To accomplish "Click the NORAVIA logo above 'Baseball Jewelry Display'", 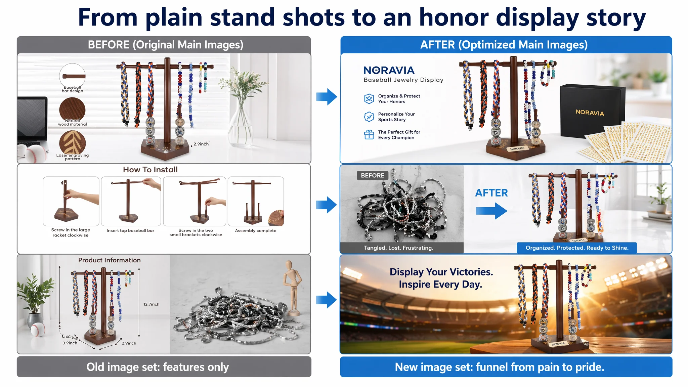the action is pyautogui.click(x=389, y=70).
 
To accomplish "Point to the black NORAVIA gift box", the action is pyautogui.click(x=592, y=111).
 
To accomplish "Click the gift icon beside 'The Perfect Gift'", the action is pyautogui.click(x=369, y=135).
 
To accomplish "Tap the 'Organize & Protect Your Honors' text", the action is pyautogui.click(x=399, y=99).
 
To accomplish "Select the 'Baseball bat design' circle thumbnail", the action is pyautogui.click(x=72, y=76).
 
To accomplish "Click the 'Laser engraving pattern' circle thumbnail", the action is pyautogui.click(x=72, y=143).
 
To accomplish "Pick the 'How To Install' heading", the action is pyautogui.click(x=150, y=170).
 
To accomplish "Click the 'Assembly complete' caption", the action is pyautogui.click(x=256, y=230).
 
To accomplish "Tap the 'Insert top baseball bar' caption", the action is pyautogui.click(x=130, y=230).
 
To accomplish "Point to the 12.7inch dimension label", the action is pyautogui.click(x=152, y=304).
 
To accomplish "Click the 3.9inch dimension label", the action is pyautogui.click(x=70, y=343).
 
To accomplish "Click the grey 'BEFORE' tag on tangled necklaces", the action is pyautogui.click(x=373, y=175).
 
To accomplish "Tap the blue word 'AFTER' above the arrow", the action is pyautogui.click(x=491, y=193).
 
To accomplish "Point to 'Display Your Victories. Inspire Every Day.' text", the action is pyautogui.click(x=441, y=278).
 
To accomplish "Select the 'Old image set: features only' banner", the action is pyautogui.click(x=164, y=367).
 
